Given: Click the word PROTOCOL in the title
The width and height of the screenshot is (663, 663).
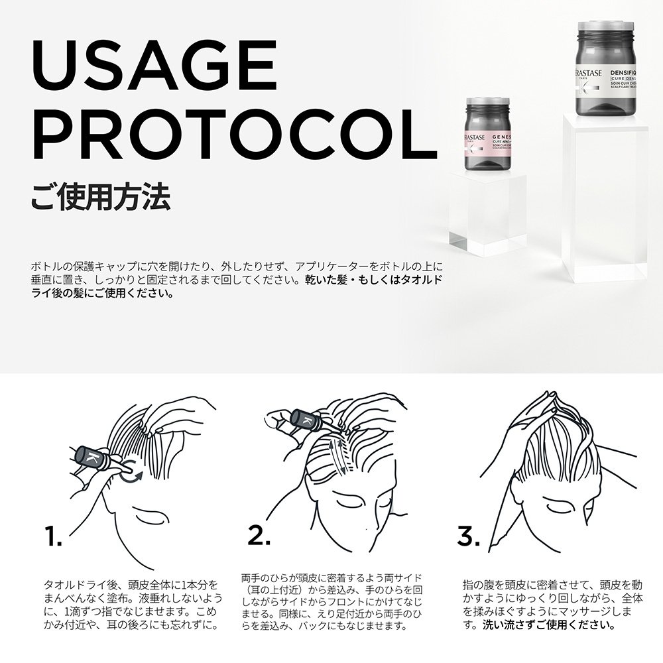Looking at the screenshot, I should (x=225, y=136).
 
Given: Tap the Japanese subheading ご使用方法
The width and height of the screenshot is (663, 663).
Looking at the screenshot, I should (x=100, y=197).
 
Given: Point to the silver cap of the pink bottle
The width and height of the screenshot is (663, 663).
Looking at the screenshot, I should (x=489, y=105).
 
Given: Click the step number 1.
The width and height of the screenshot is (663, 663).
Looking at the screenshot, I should (x=53, y=536).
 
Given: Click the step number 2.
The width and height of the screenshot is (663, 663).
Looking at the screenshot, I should (x=258, y=536).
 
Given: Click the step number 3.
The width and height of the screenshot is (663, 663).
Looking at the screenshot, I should (x=468, y=536).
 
